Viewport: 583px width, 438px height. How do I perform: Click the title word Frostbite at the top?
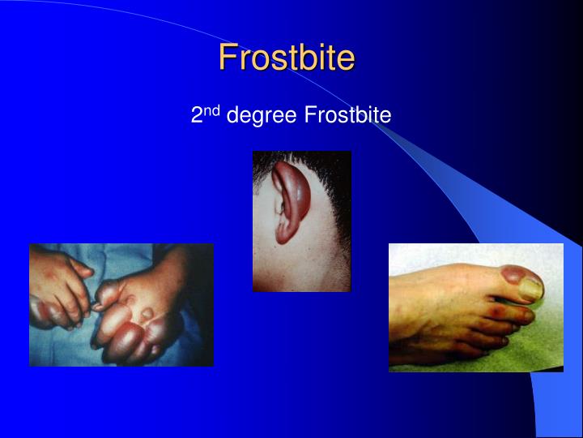point(287,58)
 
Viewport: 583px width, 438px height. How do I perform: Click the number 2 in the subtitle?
point(196,116)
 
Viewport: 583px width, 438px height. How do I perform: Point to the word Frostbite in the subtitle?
point(347,116)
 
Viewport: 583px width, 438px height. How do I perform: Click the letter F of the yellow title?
point(228,58)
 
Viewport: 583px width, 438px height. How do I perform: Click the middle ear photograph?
point(301,221)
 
